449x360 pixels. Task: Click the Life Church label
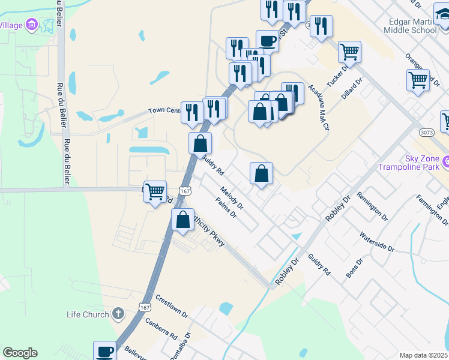[x=88, y=314]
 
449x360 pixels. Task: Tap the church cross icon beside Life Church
[x=118, y=313]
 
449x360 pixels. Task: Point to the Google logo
[x=20, y=352]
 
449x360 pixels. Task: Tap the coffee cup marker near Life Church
[x=104, y=350]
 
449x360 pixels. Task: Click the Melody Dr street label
[x=232, y=198]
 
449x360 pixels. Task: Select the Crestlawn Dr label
[x=172, y=306]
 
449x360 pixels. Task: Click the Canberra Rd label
[x=161, y=329]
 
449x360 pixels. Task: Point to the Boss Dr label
[x=355, y=268]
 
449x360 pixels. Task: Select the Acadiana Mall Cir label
[x=319, y=107]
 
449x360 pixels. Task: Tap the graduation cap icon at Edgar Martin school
[x=442, y=13]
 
